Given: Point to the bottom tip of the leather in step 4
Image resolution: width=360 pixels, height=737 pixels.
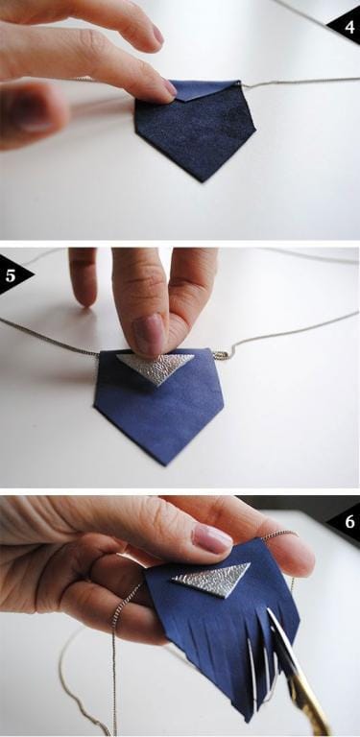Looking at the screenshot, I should coord(198,179).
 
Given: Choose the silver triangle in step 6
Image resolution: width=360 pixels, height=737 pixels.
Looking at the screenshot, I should coord(212,580).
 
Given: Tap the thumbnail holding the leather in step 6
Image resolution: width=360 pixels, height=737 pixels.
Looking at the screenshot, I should coord(212,537).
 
